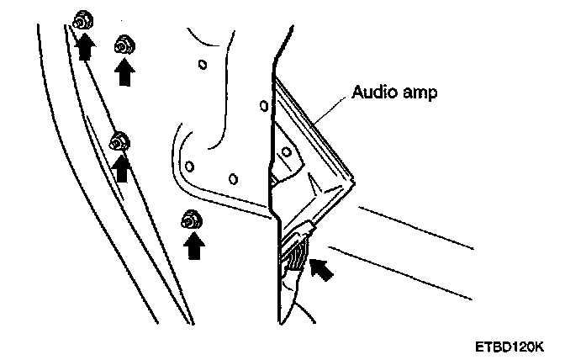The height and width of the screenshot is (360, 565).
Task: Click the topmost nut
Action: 82,20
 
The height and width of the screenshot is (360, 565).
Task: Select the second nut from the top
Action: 124,45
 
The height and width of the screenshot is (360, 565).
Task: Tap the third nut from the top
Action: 119,141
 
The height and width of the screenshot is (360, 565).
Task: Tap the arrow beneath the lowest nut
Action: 194,247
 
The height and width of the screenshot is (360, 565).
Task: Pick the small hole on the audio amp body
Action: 287,152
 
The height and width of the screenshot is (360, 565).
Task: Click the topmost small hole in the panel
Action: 201,63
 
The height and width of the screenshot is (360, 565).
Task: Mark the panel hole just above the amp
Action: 265,106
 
